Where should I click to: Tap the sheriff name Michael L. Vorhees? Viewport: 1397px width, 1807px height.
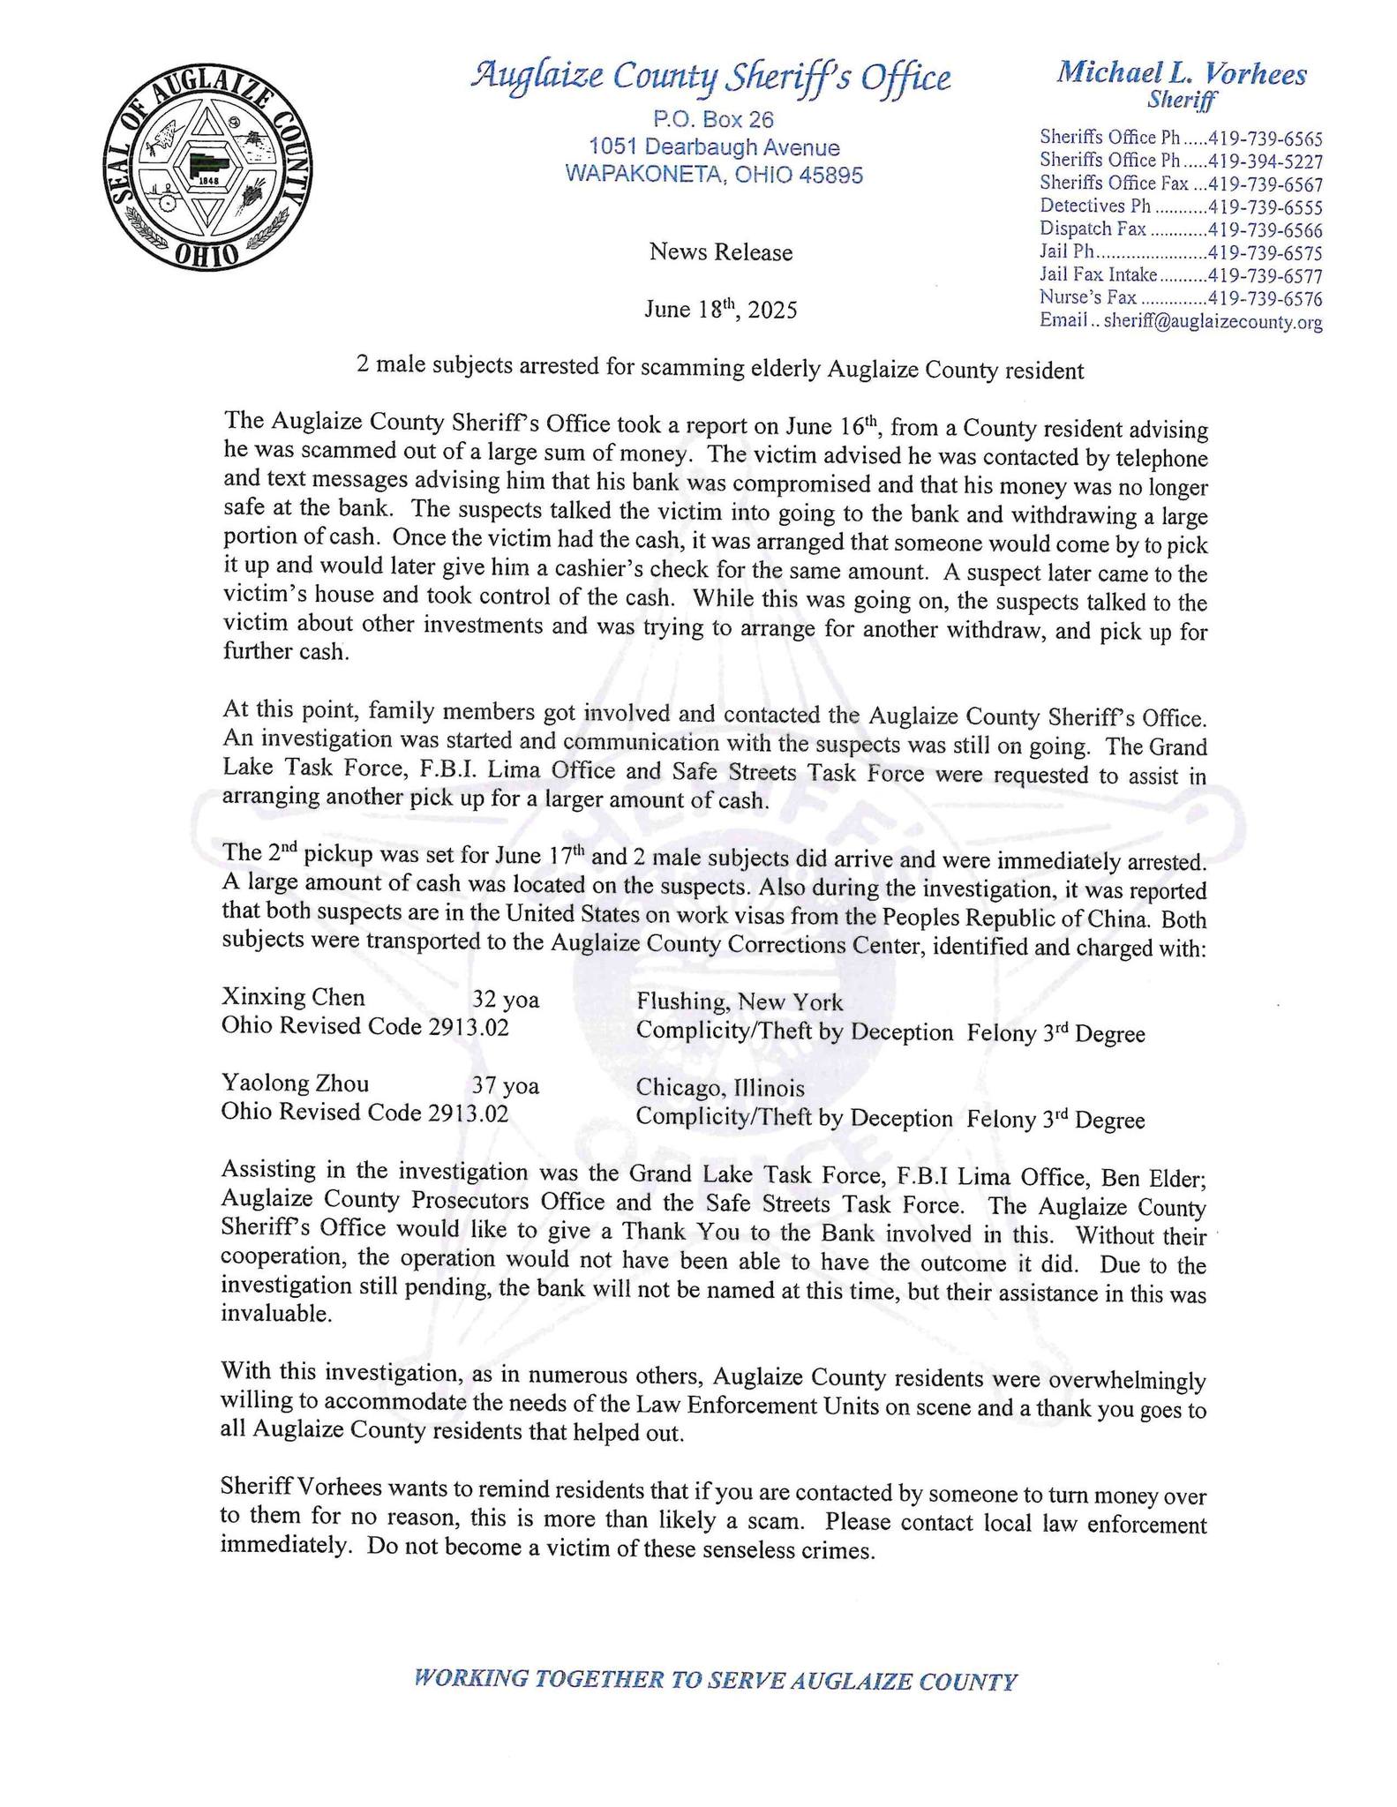(1182, 73)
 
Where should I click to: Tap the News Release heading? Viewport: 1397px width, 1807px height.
(721, 253)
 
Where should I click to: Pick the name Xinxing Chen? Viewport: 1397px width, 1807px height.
(293, 998)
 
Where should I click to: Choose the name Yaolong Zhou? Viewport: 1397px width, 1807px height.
(295, 1083)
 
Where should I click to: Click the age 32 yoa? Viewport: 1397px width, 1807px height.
(506, 1000)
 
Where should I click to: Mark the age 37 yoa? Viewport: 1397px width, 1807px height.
(506, 1085)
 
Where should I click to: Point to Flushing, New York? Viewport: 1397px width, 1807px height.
(740, 1002)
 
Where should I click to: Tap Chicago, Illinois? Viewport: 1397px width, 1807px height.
(720, 1088)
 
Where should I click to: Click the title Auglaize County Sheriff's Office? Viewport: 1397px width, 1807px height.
(711, 78)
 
